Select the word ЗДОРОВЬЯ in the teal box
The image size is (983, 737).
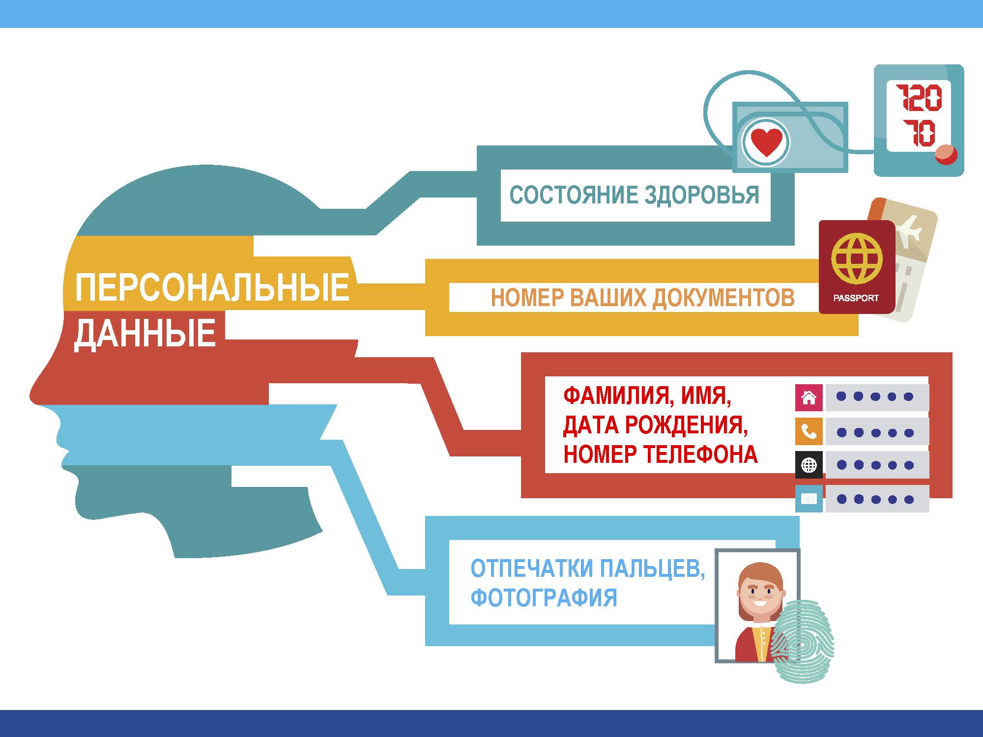(701, 195)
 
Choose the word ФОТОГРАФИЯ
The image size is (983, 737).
(544, 597)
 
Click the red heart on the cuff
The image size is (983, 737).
(766, 142)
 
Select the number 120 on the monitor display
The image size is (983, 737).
(918, 98)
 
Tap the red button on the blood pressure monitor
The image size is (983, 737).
(946, 155)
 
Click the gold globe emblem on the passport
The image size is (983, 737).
(857, 258)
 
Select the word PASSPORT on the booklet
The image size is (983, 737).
(856, 298)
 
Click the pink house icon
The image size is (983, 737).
(809, 397)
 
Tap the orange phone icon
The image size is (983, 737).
(809, 432)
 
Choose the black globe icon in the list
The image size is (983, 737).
(809, 465)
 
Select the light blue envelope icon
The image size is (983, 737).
(809, 499)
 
